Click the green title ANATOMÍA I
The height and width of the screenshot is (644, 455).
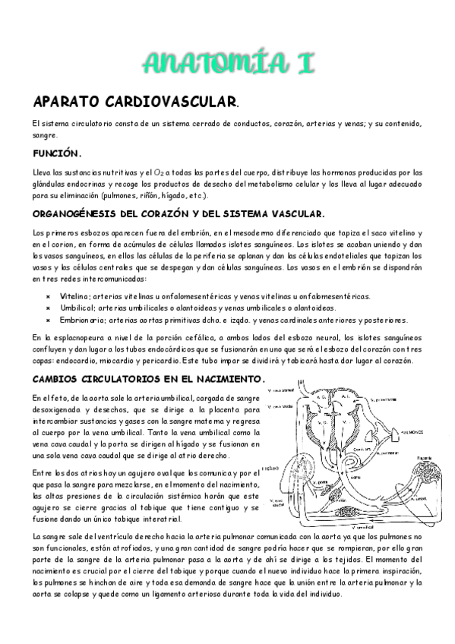click(x=227, y=63)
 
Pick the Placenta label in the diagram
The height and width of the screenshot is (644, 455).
click(x=424, y=459)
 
